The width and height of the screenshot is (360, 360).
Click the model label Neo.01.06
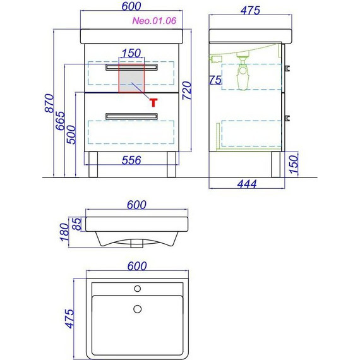[x=154, y=21]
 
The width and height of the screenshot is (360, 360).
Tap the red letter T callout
[x=153, y=102]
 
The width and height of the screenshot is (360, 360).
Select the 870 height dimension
[x=49, y=103]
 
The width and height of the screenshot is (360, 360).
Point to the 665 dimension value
[x=61, y=121]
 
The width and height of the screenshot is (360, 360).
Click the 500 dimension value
[x=71, y=135]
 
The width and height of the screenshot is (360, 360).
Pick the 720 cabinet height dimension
[x=187, y=90]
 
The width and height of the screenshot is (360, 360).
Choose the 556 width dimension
[x=131, y=160]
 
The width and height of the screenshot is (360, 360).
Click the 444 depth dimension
[x=247, y=184]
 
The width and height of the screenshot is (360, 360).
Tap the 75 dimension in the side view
[x=215, y=80]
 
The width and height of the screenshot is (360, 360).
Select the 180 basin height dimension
[x=64, y=232]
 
